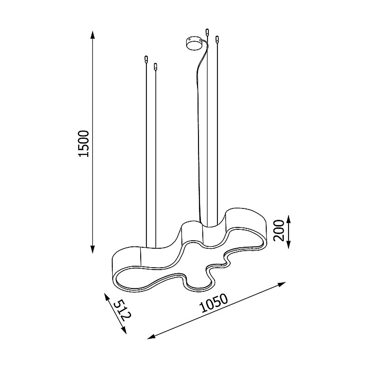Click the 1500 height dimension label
[84, 144]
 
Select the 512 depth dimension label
[123, 310]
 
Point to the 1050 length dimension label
[214, 303]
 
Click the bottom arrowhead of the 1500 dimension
[92, 249]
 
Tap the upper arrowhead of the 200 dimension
[288, 220]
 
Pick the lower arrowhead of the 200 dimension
[288, 244]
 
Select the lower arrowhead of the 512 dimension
[124, 330]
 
